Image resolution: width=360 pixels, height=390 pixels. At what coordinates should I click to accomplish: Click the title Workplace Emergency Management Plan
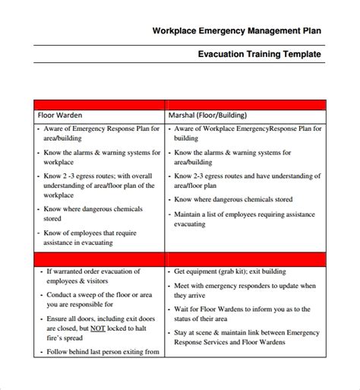236,31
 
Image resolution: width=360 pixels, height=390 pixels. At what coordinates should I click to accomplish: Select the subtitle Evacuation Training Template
259,55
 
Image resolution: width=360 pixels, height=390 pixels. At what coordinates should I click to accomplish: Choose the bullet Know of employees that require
95,237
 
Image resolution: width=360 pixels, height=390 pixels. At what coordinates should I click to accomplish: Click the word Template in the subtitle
300,55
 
